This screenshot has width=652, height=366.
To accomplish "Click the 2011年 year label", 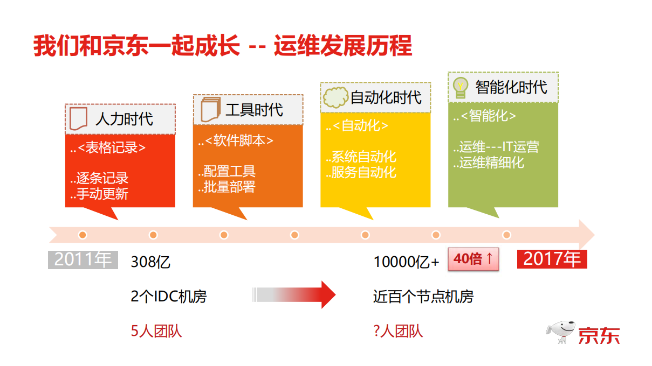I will coord(83,259).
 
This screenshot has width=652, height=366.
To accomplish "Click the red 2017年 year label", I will coord(552,259).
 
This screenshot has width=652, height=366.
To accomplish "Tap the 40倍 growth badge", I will coord(473,259).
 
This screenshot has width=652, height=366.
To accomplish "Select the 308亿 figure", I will coord(150,262).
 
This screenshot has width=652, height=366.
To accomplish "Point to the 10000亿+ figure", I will coord(407,262).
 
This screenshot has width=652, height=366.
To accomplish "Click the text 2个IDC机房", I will coord(168,296).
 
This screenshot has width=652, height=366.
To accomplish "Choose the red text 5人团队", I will coord(156,330).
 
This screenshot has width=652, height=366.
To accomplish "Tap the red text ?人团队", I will coord(398,330).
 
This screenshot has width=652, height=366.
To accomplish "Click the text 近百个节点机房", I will coord(423,296).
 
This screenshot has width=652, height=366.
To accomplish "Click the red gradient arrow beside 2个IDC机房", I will coord(294,294).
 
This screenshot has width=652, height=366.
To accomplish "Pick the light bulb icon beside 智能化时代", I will coord(460,87).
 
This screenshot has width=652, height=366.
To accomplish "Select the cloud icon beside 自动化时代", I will coord(335,97).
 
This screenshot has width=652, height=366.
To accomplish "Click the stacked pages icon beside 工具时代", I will coord(210,109).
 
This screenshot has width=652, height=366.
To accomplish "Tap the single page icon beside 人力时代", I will coord(79,118).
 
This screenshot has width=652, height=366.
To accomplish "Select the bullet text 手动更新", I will coord(100,193).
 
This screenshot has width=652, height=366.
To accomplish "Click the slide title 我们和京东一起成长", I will coord(136,46).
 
